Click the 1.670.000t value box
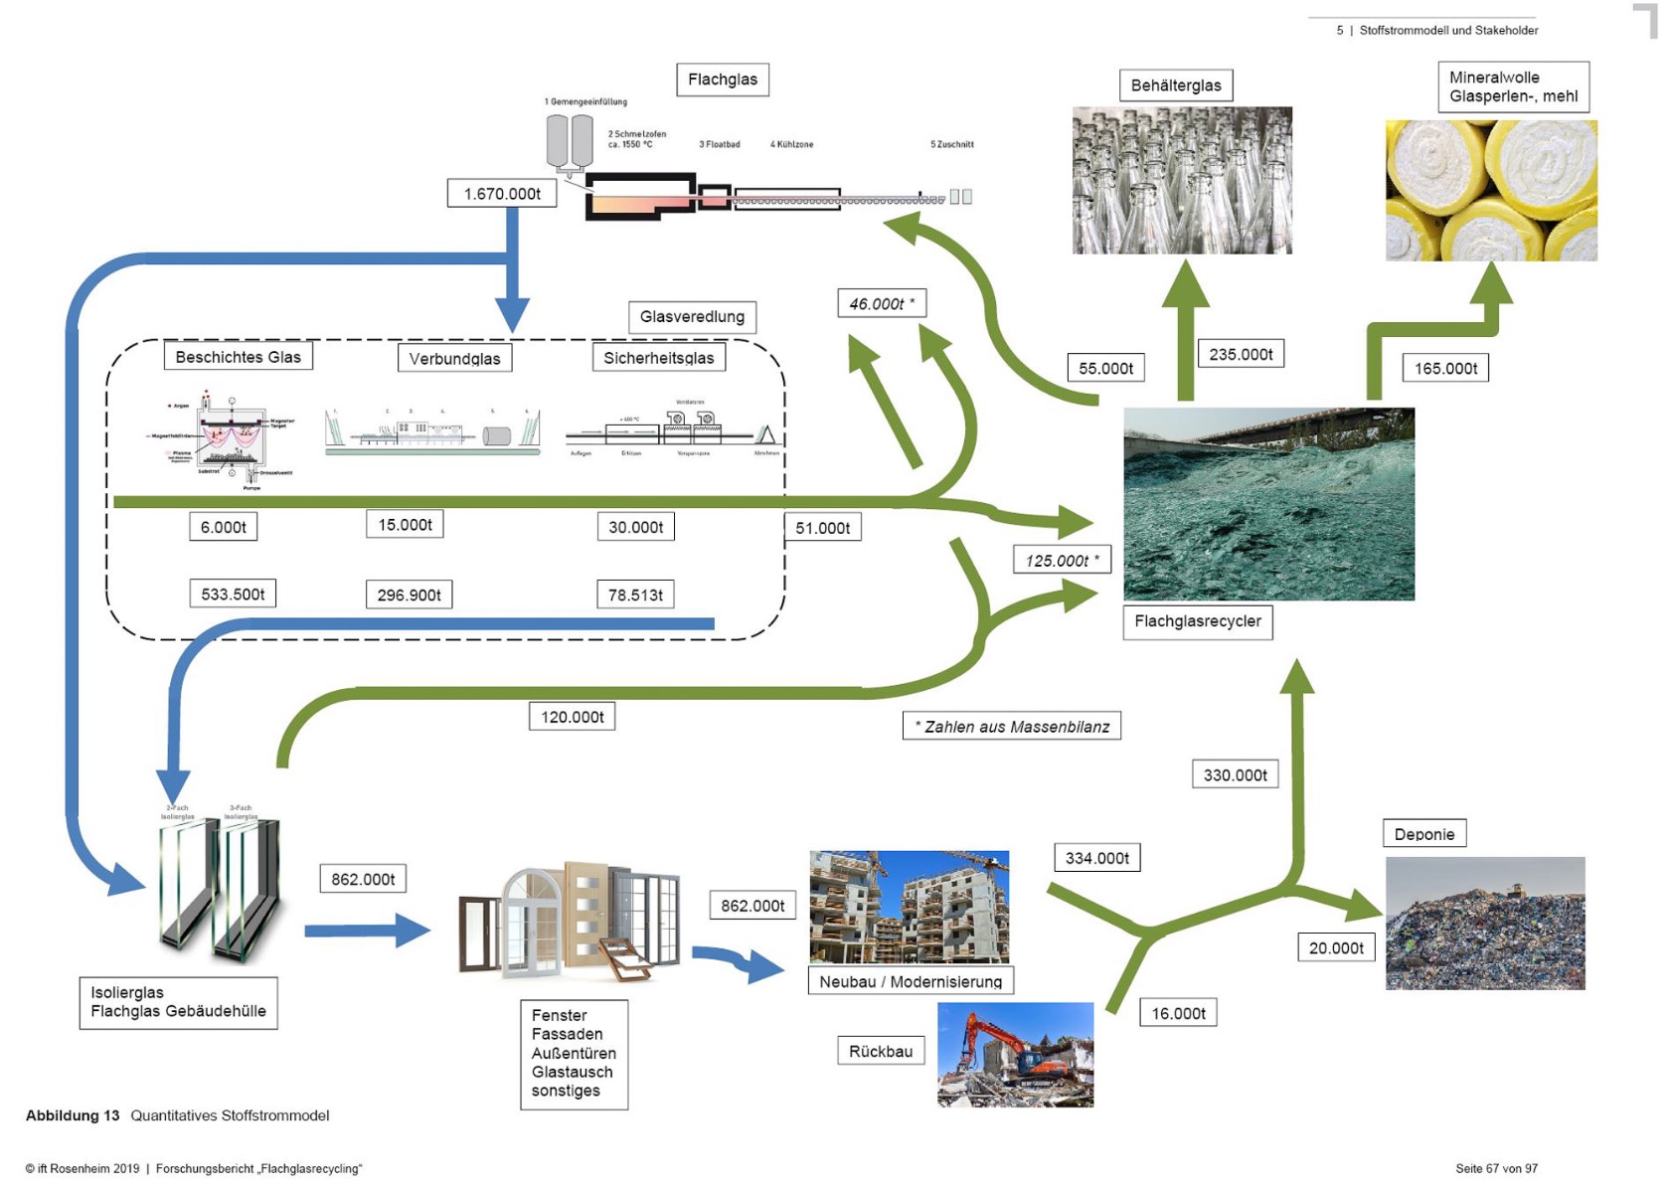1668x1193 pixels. tap(502, 193)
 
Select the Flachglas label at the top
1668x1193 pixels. tap(723, 80)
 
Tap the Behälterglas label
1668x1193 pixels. tap(1176, 85)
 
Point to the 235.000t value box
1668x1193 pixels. tap(1241, 354)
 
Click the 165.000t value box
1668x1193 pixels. tap(1445, 368)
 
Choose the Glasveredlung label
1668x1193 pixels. tap(692, 316)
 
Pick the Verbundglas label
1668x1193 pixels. tap(454, 358)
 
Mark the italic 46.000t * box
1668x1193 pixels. tap(882, 303)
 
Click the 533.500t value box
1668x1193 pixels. tap(233, 594)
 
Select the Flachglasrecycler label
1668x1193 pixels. tap(1197, 621)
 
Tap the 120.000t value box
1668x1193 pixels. tap(572, 716)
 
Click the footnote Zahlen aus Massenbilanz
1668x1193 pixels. tap(1012, 727)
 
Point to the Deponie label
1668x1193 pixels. tap(1423, 834)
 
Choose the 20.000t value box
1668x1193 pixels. tap(1336, 947)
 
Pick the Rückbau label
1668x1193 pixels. tap(881, 1051)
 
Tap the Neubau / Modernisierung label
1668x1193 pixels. tap(911, 981)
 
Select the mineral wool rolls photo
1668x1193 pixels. tap(1491, 191)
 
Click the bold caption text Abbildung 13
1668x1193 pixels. tap(73, 1115)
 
